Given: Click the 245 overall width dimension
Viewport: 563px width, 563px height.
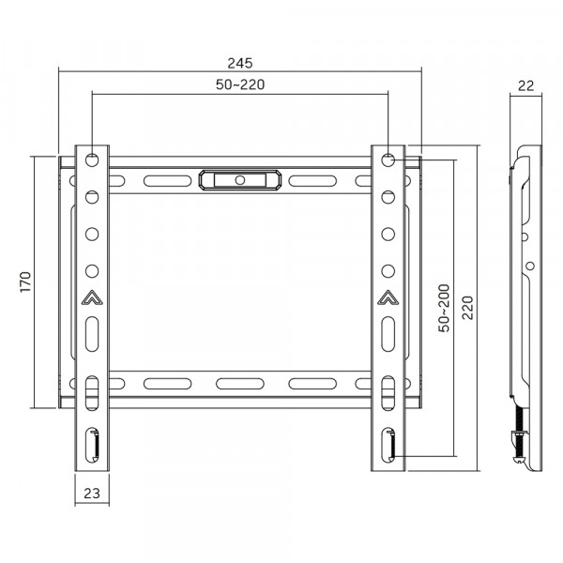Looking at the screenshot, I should [240, 63].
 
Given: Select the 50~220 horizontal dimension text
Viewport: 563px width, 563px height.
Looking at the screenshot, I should [240, 85].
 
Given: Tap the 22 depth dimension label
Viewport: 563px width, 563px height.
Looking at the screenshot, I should [525, 85].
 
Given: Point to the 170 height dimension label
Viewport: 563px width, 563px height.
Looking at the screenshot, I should [26, 281].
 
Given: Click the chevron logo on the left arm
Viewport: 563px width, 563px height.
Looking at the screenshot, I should [92, 300].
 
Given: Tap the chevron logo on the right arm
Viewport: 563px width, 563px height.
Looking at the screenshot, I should [388, 300].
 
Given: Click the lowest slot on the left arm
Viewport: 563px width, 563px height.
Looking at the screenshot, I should [92, 443].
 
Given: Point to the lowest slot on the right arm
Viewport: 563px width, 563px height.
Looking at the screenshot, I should [388, 443].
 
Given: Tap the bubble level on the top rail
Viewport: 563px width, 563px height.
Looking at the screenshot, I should [240, 179].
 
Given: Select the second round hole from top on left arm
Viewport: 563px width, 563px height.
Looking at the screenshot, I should [92, 197].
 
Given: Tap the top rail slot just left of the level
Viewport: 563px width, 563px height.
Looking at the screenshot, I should [161, 179].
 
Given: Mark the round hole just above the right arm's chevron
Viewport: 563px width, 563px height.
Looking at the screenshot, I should [388, 271].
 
